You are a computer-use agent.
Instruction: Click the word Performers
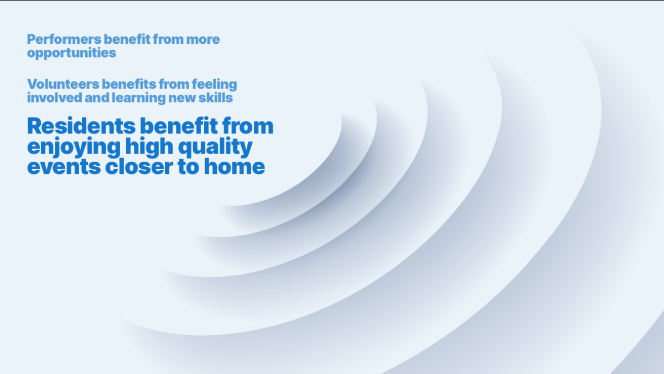(64, 39)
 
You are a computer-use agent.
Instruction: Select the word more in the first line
(203, 39)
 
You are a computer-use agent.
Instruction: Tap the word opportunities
(71, 53)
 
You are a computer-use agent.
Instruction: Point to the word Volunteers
(63, 84)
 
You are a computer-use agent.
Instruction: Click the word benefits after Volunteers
(129, 84)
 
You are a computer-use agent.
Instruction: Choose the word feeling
(214, 85)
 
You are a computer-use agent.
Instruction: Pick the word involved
(55, 98)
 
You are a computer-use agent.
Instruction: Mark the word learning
(138, 98)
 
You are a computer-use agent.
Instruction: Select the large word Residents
(81, 126)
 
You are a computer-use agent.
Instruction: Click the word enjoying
(74, 147)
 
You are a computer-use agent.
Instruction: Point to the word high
(149, 146)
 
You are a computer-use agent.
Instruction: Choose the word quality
(215, 147)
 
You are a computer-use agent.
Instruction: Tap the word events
(64, 167)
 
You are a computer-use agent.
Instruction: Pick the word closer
(139, 166)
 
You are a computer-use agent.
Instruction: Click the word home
(235, 166)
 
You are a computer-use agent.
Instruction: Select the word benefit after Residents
(179, 126)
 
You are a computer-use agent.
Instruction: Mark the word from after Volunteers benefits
(174, 84)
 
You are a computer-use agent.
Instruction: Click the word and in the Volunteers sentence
(97, 98)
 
